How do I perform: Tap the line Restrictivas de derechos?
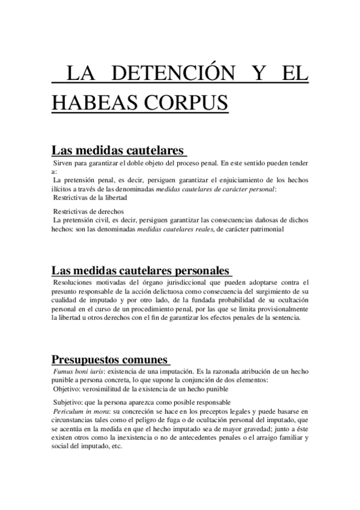[88, 211]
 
